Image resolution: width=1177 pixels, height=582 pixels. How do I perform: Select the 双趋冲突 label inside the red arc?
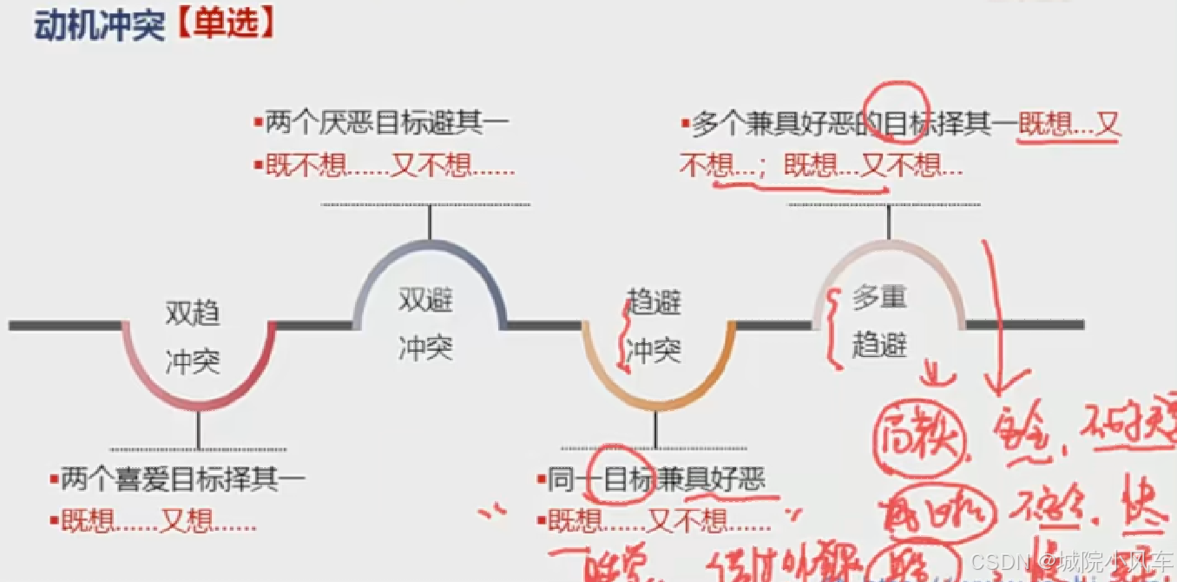pos(193,338)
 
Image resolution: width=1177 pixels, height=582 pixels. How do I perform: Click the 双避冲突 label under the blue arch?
pos(425,325)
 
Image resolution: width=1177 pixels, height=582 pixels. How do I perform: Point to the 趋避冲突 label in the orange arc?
pos(654,327)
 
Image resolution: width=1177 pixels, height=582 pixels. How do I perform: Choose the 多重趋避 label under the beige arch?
pos(879,321)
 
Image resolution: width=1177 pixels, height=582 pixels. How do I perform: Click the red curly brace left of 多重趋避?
pos(836,328)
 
